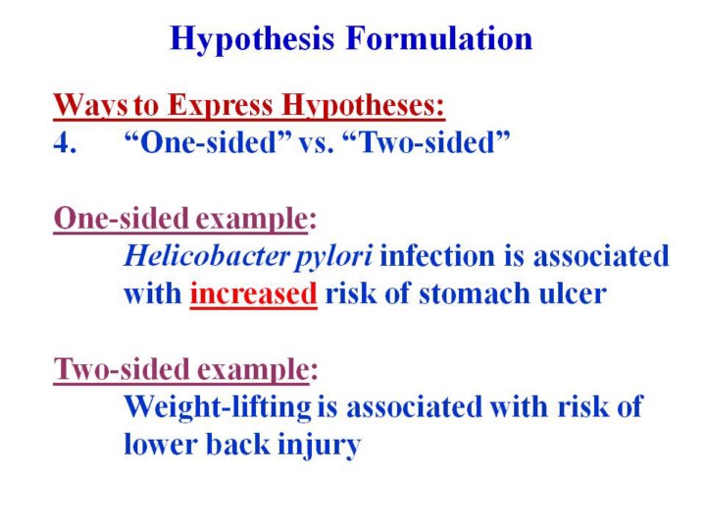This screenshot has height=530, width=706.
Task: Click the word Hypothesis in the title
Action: click(x=252, y=39)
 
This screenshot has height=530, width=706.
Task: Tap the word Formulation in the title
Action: click(x=439, y=38)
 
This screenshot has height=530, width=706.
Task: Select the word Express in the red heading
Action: click(x=221, y=107)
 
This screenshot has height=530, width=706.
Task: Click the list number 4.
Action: click(x=65, y=143)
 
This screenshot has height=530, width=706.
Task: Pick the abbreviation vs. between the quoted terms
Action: click(x=317, y=143)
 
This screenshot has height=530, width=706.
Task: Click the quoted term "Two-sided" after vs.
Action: click(x=427, y=142)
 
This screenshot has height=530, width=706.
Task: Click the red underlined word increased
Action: click(x=254, y=293)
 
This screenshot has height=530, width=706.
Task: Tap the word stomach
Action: click(x=475, y=293)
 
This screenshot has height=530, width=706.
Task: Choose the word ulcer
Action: click(x=573, y=293)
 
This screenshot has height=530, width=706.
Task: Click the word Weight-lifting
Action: click(x=218, y=407)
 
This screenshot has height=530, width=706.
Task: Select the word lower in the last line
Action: click(x=160, y=445)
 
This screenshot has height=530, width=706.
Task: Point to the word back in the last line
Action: click(x=237, y=444)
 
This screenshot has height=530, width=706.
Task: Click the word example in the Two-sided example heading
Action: click(x=253, y=370)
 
